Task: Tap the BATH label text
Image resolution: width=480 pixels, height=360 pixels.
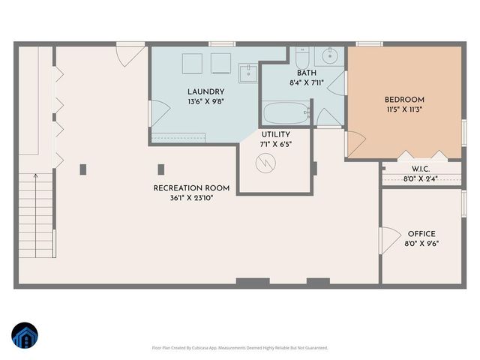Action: tap(306, 73)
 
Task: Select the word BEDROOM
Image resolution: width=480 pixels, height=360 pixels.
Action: tap(404, 100)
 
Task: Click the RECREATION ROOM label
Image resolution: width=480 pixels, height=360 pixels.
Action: tap(191, 188)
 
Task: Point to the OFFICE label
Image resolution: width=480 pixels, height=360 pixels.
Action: tap(421, 234)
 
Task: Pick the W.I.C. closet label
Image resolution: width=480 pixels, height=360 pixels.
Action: tap(421, 169)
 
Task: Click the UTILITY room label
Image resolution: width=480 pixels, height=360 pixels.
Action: tap(275, 134)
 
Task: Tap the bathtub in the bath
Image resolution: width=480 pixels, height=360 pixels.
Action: tap(286, 114)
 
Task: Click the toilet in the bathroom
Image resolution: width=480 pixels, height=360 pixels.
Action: tap(301, 57)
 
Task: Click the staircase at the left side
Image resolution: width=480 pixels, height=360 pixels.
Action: tap(36, 210)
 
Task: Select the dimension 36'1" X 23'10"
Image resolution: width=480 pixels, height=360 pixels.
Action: tap(191, 199)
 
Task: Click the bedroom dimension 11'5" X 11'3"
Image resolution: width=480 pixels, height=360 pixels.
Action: tap(404, 109)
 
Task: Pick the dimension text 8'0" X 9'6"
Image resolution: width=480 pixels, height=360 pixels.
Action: tap(421, 244)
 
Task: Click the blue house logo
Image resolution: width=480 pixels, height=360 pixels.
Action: tap(24, 336)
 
